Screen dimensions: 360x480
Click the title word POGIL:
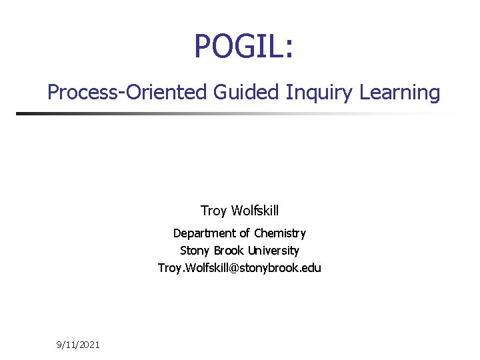(243, 47)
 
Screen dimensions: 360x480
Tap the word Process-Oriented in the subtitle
(128, 92)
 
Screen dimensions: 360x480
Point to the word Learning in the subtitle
(400, 92)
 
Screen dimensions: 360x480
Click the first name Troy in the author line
(213, 211)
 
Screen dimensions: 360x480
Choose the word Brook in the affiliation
(229, 251)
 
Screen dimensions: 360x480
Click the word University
(273, 251)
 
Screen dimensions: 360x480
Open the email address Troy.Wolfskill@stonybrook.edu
(239, 268)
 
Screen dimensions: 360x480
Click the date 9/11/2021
(78, 345)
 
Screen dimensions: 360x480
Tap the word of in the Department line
(245, 233)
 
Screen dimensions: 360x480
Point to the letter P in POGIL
(203, 47)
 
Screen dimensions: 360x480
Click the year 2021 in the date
(89, 345)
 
